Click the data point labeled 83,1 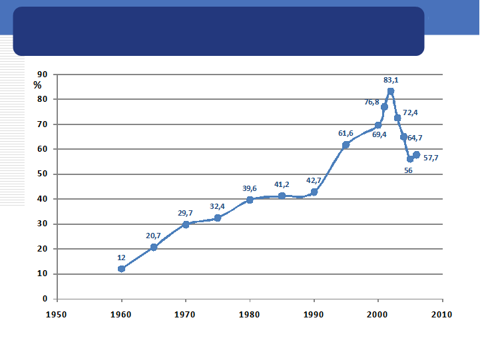tap(391, 91)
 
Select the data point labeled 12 tap(121, 269)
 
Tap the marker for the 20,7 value tap(154, 247)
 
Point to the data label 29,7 tap(185, 213)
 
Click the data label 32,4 tap(217, 206)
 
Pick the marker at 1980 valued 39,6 tap(250, 200)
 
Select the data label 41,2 tap(282, 184)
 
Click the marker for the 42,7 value tap(314, 192)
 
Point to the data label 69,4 tap(379, 134)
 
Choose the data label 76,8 tap(371, 102)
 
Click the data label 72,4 tap(410, 112)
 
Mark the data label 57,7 tap(431, 158)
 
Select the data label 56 tap(408, 170)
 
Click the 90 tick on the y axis tap(42, 75)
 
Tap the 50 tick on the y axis tap(42, 174)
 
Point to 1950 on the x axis tap(57, 313)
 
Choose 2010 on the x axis tap(442, 313)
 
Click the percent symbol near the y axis tap(37, 85)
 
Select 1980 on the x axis tap(250, 313)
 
